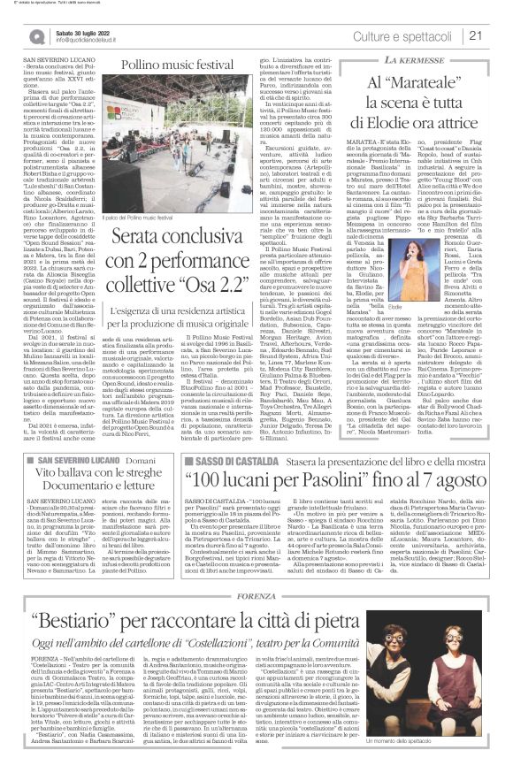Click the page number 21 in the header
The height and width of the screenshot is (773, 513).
[500, 35]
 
